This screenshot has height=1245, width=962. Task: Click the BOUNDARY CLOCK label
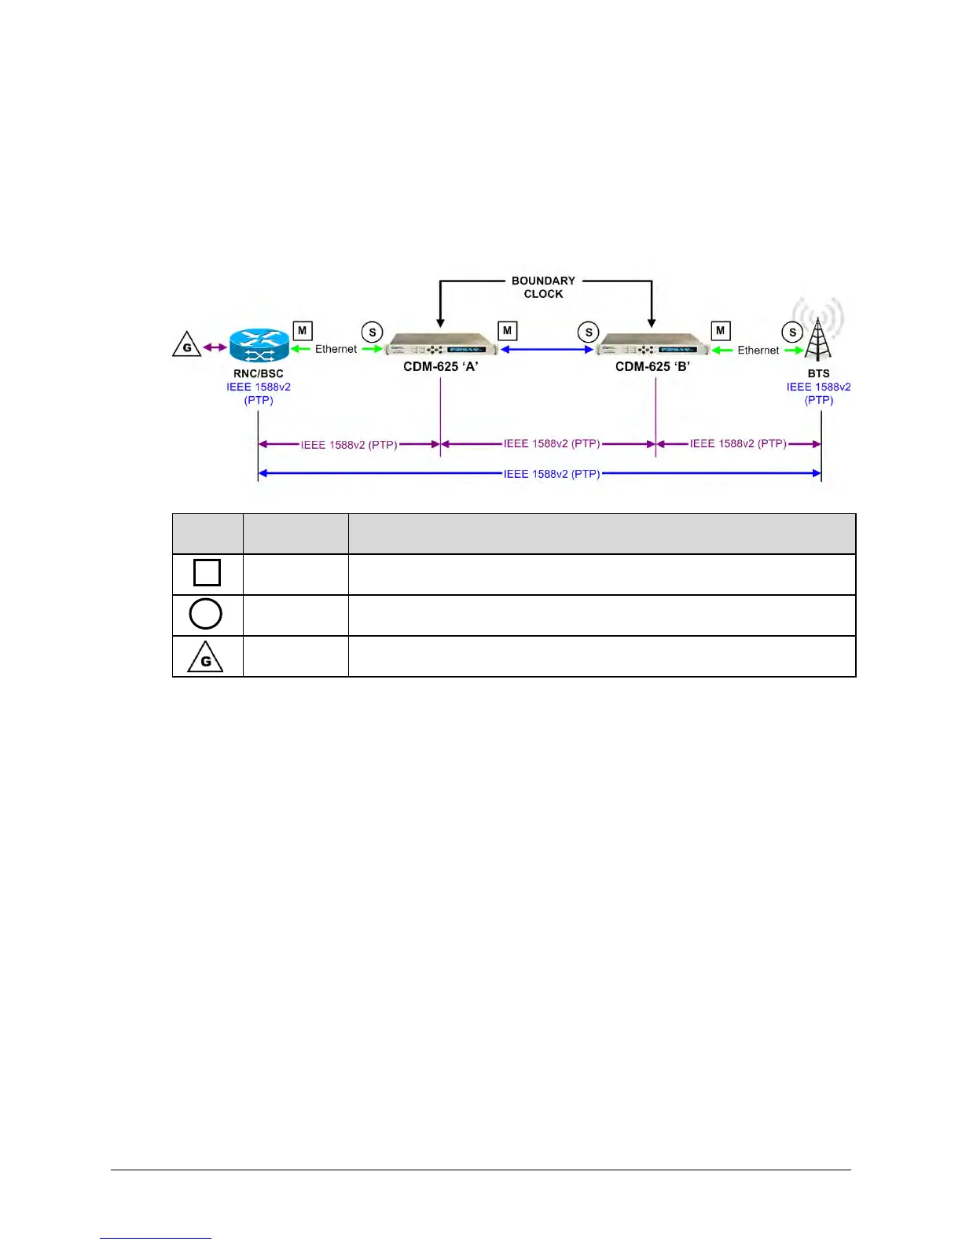(x=543, y=287)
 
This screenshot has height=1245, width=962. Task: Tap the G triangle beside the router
(x=187, y=346)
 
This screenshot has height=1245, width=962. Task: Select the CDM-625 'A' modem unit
(x=441, y=347)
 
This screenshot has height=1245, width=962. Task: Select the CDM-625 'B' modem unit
(x=652, y=347)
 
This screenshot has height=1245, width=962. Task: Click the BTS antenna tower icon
(x=818, y=338)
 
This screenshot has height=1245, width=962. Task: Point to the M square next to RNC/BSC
(x=302, y=331)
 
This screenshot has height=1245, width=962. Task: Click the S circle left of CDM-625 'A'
(x=373, y=332)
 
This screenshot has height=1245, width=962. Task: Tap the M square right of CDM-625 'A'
(x=507, y=331)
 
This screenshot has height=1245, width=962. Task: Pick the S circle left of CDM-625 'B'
(x=588, y=332)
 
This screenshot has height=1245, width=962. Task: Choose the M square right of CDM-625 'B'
(x=720, y=331)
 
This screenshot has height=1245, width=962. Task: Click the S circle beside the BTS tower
(x=792, y=332)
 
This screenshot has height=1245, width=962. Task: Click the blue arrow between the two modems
(x=546, y=349)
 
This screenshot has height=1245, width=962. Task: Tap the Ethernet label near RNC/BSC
(x=336, y=349)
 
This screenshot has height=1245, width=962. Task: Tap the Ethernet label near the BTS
(x=758, y=350)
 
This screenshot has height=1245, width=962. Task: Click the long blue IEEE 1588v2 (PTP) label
(x=551, y=474)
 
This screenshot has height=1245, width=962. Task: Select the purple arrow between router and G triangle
(x=215, y=347)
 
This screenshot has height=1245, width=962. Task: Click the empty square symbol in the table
(x=207, y=572)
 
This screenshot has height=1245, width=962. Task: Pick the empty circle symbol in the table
(x=206, y=614)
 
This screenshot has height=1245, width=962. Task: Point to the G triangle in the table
(x=206, y=658)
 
